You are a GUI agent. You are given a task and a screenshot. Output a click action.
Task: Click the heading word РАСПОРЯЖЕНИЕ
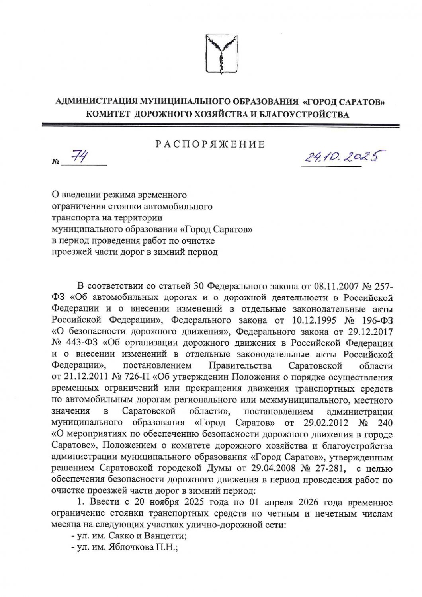tap(210, 144)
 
